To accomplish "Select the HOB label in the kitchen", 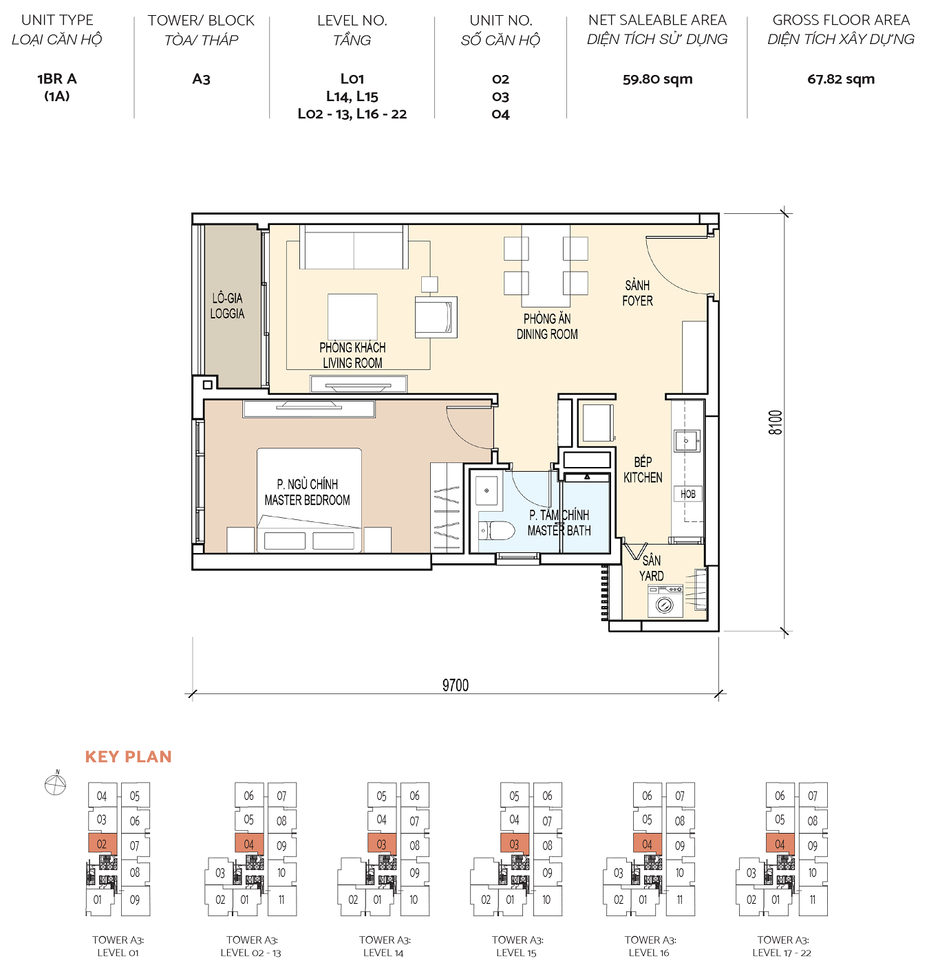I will pyautogui.click(x=688, y=494).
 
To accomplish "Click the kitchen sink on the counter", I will pyautogui.click(x=686, y=440).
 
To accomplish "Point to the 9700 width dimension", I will pyautogui.click(x=455, y=685).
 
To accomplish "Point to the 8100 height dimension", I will pyautogui.click(x=776, y=422).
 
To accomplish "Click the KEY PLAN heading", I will pyautogui.click(x=129, y=757).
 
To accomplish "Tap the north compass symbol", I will pyautogui.click(x=55, y=784).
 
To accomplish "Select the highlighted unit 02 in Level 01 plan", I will pyautogui.click(x=102, y=844).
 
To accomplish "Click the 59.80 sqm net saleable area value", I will pyautogui.click(x=657, y=79).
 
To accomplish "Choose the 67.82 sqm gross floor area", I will pyautogui.click(x=841, y=79).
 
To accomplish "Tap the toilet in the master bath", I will pyautogui.click(x=497, y=530).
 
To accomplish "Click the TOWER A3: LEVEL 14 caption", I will pyautogui.click(x=384, y=946).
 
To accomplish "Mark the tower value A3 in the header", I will pyautogui.click(x=201, y=79).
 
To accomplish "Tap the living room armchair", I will pyautogui.click(x=436, y=317).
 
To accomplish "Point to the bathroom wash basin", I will pyautogui.click(x=487, y=490).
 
